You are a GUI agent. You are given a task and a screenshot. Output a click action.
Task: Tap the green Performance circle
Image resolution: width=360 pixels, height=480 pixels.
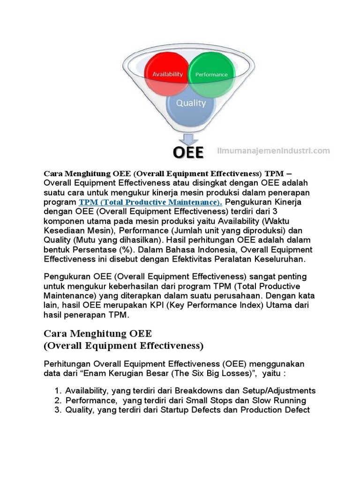(x=211, y=74)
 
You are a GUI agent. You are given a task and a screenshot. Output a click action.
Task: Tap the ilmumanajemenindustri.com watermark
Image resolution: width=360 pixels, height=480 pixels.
(x=274, y=151)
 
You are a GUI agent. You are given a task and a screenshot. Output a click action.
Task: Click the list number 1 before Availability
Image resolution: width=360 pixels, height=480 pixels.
(x=57, y=391)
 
